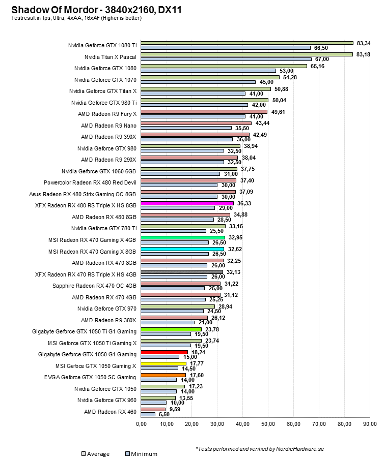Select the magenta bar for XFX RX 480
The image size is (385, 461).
point(187,203)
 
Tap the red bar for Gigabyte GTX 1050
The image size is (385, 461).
point(164,352)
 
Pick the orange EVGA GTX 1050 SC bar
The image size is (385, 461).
point(163,375)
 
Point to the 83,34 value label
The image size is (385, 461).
point(364,43)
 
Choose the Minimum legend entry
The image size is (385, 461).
point(141,454)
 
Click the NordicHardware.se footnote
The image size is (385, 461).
point(260,449)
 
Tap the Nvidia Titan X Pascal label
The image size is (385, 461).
point(111,56)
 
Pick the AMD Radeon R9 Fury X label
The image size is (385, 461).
point(107,113)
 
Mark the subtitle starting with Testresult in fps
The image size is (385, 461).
point(76,18)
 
